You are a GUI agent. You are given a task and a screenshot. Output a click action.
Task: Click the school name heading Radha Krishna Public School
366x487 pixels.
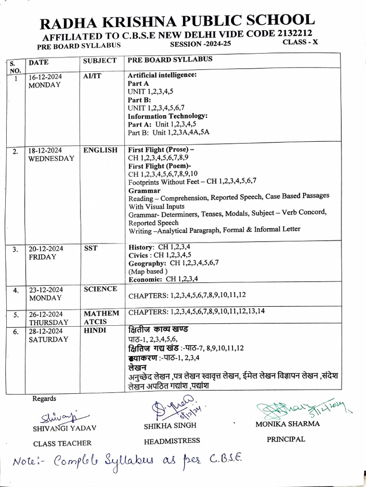177,22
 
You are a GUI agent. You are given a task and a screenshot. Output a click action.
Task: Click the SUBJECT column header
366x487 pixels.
100,61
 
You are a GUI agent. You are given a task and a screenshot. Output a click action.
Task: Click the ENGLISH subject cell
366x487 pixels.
100,150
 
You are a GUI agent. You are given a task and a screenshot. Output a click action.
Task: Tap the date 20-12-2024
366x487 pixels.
48,249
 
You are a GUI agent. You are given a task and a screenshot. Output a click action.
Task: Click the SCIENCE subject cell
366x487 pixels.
100,289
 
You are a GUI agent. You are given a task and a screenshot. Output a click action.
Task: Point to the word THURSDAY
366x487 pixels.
48,322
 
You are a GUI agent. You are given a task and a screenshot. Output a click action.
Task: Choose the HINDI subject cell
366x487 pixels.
94,331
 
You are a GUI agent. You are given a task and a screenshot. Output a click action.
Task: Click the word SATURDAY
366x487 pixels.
48,340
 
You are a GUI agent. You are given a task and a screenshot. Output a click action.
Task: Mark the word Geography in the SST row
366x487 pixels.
147,263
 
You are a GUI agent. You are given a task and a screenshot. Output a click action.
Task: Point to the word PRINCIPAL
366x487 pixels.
286,439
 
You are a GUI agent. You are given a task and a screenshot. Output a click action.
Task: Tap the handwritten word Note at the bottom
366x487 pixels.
30,461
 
